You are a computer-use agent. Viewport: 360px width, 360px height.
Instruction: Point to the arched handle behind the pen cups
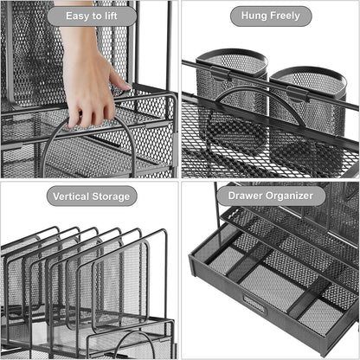pyautogui.click(x=255, y=108)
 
